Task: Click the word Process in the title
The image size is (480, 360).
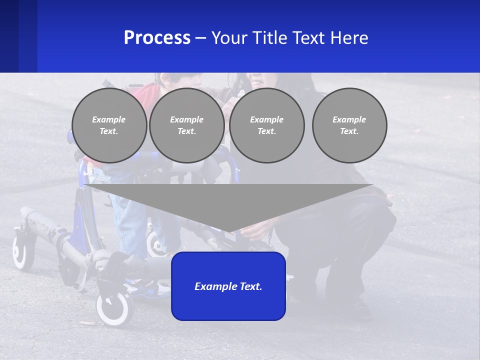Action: pyautogui.click(x=157, y=38)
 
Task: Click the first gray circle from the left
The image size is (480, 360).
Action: pyautogui.click(x=109, y=125)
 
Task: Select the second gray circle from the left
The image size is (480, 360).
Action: pyautogui.click(x=187, y=125)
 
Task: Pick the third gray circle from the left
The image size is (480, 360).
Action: pyautogui.click(x=267, y=125)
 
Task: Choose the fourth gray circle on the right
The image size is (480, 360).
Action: pyautogui.click(x=349, y=125)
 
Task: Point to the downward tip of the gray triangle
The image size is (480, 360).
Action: pyautogui.click(x=228, y=230)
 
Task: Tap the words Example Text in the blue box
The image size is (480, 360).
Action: pyautogui.click(x=228, y=286)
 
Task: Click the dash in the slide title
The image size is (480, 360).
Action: pyautogui.click(x=201, y=38)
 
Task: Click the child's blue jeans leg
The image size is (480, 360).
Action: pyautogui.click(x=130, y=225)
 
